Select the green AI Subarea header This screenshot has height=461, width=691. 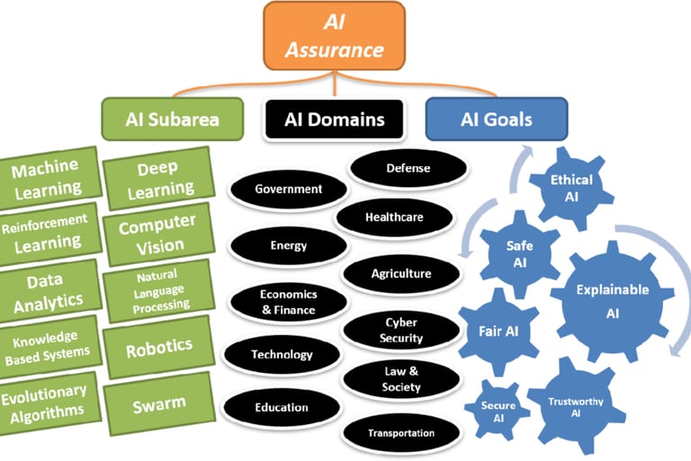click(173, 120)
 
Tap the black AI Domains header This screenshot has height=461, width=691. click(334, 120)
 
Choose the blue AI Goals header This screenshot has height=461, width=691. click(496, 120)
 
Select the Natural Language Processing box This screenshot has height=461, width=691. click(157, 289)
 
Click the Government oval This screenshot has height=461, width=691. click(288, 190)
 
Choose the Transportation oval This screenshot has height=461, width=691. click(400, 433)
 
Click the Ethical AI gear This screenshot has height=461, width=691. click(571, 187)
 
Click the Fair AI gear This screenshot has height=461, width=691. click(498, 330)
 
